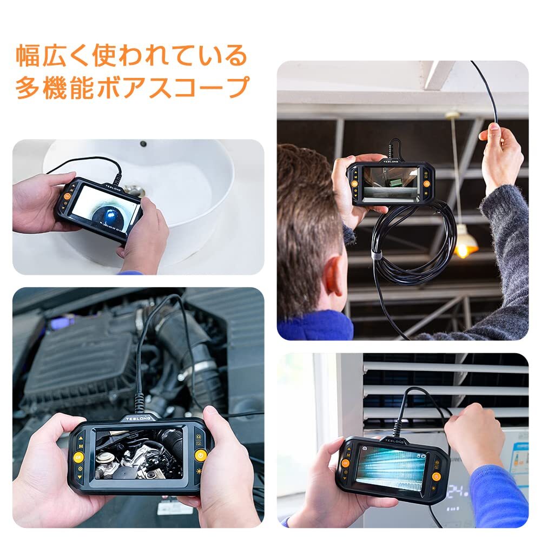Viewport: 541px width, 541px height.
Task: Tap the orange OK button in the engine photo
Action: tap(78, 457)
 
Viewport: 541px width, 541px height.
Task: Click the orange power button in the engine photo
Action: tap(200, 454)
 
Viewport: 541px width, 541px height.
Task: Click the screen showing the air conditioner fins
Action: tap(391, 468)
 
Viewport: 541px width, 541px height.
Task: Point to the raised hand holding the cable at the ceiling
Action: tap(500, 157)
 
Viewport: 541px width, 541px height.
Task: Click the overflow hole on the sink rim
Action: tap(143, 144)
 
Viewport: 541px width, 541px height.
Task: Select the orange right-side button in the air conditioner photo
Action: tap(436, 477)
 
